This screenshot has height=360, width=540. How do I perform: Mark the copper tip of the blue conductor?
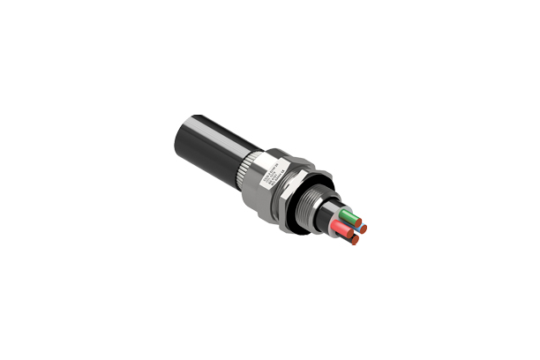pos(363,229)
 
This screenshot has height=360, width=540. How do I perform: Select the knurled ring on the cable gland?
pos(245,167)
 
